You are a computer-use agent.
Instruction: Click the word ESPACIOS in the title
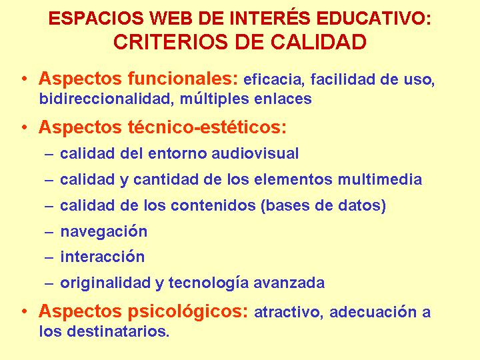pyautogui.click(x=96, y=18)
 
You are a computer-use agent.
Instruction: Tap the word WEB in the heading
pyautogui.click(x=171, y=18)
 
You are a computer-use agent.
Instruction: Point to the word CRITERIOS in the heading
pyautogui.click(x=171, y=42)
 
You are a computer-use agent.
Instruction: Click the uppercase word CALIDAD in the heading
pyautogui.click(x=319, y=42)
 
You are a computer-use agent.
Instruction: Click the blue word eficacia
pyautogui.click(x=272, y=79)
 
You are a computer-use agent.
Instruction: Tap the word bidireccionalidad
pyautogui.click(x=105, y=99)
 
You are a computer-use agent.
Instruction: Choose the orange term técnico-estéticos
pyautogui.click(x=204, y=127)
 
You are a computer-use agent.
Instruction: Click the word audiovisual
pyautogui.click(x=255, y=153)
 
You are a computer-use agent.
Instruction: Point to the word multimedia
pyautogui.click(x=380, y=179)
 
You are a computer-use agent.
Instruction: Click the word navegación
pyautogui.click(x=104, y=232)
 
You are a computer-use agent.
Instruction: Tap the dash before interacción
pyautogui.click(x=49, y=257)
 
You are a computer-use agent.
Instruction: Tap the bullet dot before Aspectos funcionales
pyautogui.click(x=25, y=79)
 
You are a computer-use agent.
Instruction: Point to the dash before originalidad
pyautogui.click(x=49, y=283)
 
